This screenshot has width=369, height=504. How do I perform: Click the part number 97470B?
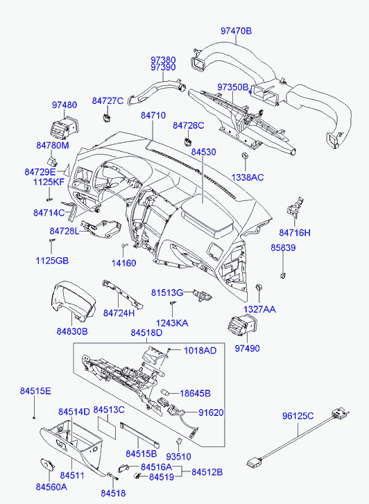tap(236, 31)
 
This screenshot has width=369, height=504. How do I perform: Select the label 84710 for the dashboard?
tap(153, 115)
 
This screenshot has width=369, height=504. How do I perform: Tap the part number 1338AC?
tap(248, 177)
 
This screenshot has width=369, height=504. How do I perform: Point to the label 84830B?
tap(72, 331)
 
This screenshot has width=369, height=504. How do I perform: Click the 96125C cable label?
tap(298, 416)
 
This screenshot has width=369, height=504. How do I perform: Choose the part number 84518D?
tap(146, 333)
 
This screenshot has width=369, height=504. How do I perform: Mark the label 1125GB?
tap(52, 261)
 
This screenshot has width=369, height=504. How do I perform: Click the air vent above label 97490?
tap(243, 327)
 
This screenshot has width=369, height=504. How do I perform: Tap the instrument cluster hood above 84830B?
tap(73, 301)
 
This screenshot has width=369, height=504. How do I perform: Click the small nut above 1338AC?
tap(245, 156)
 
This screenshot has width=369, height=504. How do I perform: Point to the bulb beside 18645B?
tap(164, 392)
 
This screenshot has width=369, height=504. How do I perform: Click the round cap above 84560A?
tap(47, 464)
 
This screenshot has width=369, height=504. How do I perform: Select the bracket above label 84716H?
tap(295, 207)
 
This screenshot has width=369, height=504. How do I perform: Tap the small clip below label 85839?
tap(282, 275)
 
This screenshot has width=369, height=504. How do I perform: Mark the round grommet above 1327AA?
tap(259, 287)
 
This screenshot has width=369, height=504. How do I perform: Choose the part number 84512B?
tap(207, 472)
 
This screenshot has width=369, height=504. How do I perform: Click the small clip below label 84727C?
tap(106, 117)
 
